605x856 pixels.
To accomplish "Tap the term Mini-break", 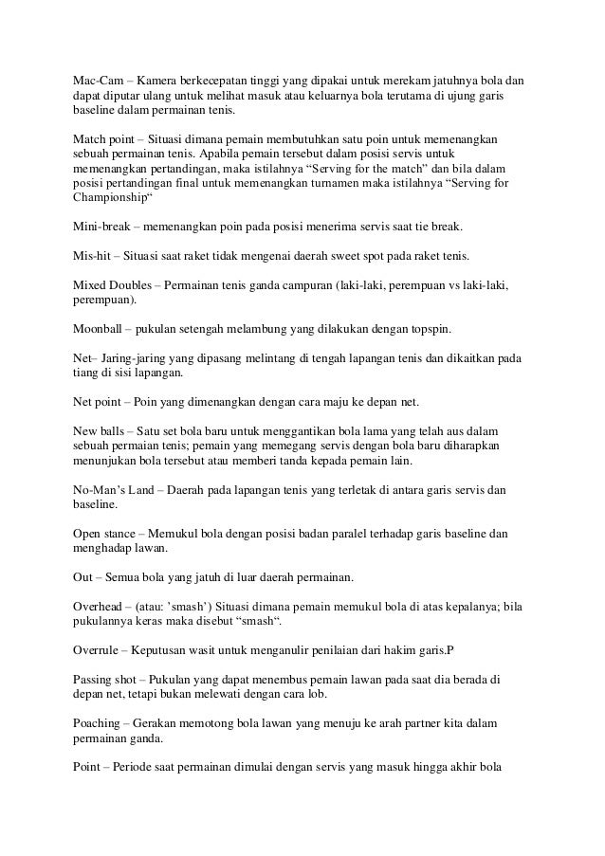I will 99,228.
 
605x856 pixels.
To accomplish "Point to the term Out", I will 83,577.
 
